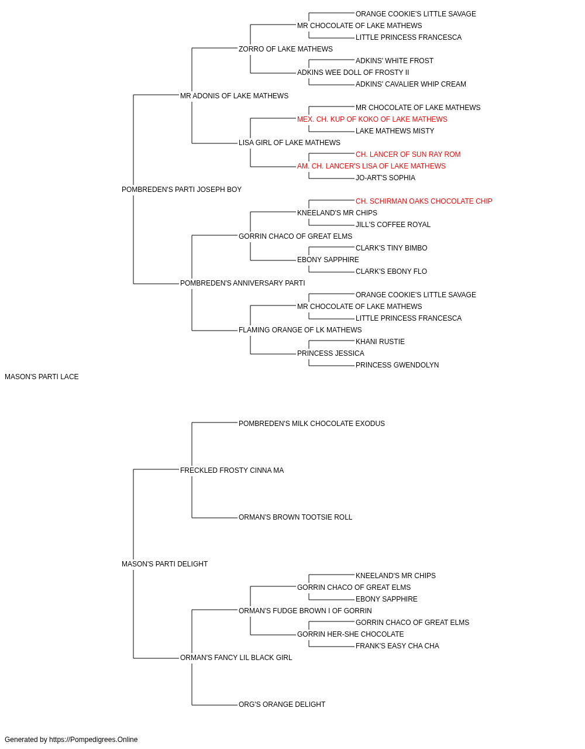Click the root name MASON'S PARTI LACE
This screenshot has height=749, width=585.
pyautogui.click(x=42, y=377)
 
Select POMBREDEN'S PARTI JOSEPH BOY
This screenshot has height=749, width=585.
pyautogui.click(x=181, y=190)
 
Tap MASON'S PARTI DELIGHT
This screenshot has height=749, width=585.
pyautogui.click(x=165, y=564)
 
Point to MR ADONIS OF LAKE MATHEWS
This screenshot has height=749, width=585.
pyautogui.click(x=234, y=96)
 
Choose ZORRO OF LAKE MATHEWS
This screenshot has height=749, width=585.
pyautogui.click(x=285, y=49)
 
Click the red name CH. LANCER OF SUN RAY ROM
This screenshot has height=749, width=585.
pyautogui.click(x=408, y=154)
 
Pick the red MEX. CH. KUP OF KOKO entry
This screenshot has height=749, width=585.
pyautogui.click(x=372, y=119)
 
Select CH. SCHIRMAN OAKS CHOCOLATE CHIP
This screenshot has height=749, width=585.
pyautogui.click(x=424, y=201)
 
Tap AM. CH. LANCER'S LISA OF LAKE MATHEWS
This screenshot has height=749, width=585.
pyautogui.click(x=371, y=166)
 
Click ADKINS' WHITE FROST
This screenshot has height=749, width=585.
pyautogui.click(x=394, y=61)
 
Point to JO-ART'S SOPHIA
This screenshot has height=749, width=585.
pyautogui.click(x=386, y=178)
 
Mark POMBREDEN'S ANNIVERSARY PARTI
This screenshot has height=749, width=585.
pyautogui.click(x=243, y=283)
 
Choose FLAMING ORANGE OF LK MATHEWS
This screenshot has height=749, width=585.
pyautogui.click(x=300, y=330)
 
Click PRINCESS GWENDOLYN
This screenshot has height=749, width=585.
pyautogui.click(x=397, y=365)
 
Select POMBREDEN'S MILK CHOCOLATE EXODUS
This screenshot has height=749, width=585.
pyautogui.click(x=312, y=424)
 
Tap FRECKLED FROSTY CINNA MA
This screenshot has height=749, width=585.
pyautogui.click(x=232, y=470)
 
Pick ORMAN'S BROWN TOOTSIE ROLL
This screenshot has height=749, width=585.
pyautogui.click(x=295, y=517)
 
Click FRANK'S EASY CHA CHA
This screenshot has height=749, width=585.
pyautogui.click(x=397, y=646)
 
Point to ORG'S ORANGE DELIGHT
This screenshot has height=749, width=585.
pyautogui.click(x=282, y=705)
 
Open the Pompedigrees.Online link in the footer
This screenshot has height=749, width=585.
pyautogui.click(x=94, y=740)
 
